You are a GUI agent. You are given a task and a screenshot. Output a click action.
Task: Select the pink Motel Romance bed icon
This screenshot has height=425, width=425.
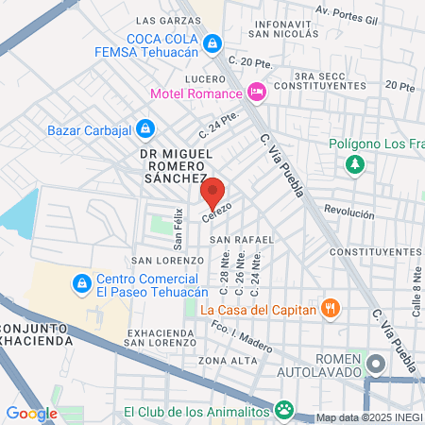click(255, 92)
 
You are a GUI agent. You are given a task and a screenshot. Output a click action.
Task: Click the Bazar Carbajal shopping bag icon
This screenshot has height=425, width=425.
click(144, 127)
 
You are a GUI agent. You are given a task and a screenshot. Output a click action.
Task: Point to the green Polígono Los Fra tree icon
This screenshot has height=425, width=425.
click(355, 165)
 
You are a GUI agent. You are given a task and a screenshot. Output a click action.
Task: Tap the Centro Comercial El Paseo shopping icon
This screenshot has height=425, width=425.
click(82, 283)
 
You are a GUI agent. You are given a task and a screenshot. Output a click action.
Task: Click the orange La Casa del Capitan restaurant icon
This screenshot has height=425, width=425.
click(331, 307)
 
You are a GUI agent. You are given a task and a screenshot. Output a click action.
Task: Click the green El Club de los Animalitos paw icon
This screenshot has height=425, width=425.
click(283, 410)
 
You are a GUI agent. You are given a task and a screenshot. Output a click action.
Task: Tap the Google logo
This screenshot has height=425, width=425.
click(32, 413)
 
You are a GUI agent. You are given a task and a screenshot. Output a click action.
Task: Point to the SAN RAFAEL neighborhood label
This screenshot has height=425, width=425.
click(233, 239)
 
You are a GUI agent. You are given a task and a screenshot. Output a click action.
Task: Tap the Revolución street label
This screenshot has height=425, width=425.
click(349, 212)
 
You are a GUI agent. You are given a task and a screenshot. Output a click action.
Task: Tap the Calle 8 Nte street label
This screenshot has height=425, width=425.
click(415, 283)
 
